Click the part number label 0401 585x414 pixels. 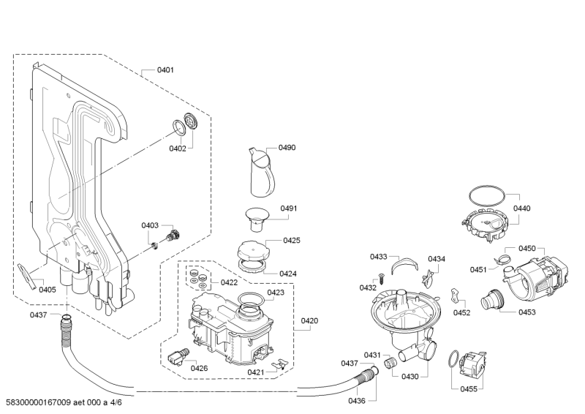click(165, 69)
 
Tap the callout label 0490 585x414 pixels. click(287, 148)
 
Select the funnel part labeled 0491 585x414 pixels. click(257, 219)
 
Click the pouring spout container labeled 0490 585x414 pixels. click(262, 172)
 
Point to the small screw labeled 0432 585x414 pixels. click(382, 279)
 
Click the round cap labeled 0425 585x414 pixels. click(252, 249)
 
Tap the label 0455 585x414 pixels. click(469, 389)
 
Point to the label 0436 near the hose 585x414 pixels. click(357, 401)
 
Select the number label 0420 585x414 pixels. click(309, 320)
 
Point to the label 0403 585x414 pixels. click(150, 225)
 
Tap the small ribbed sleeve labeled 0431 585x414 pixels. click(390, 362)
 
